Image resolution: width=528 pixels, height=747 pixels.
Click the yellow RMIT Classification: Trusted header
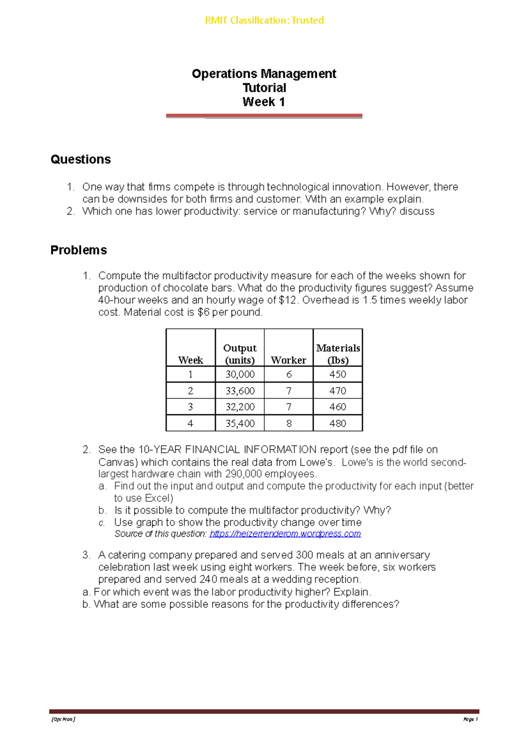click(264, 20)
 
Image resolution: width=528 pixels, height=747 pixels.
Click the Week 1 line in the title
click(264, 102)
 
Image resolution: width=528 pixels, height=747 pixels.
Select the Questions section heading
click(81, 159)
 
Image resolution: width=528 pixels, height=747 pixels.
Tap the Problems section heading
click(79, 250)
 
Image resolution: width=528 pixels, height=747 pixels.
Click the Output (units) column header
click(240, 354)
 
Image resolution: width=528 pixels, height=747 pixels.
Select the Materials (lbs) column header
click(338, 354)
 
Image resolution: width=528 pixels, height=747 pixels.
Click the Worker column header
click(288, 360)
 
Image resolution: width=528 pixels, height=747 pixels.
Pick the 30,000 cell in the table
click(240, 374)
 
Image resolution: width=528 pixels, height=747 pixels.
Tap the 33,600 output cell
click(240, 391)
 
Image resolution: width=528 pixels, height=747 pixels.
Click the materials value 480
click(337, 423)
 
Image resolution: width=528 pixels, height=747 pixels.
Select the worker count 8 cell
click(289, 423)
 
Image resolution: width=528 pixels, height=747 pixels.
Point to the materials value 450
click(337, 374)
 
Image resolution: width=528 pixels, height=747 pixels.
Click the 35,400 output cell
click(240, 423)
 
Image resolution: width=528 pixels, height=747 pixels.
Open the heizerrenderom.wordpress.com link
click(285, 534)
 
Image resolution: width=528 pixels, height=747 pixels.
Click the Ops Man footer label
click(63, 719)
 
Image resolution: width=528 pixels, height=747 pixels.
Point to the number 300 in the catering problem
click(304, 555)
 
